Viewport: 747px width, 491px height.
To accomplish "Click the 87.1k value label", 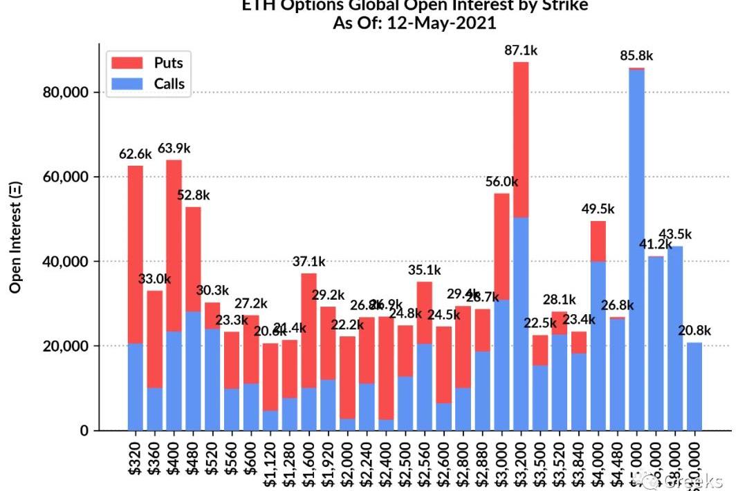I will coord(520,50).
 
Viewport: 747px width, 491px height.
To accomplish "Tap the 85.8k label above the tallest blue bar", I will coord(636,57).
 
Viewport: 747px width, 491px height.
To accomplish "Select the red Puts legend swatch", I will coord(126,63).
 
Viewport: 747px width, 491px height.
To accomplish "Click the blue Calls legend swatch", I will coord(126,84).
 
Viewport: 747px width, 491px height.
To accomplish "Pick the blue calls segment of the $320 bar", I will coord(136,387).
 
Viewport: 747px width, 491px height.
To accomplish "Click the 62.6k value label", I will coord(136,155).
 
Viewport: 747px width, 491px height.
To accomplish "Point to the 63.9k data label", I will coord(174,148).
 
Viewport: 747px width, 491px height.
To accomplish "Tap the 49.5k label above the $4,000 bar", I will coord(598,209).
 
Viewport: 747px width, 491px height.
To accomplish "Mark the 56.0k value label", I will coord(501,182).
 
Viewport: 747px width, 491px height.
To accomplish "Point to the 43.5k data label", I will coord(674,235).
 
